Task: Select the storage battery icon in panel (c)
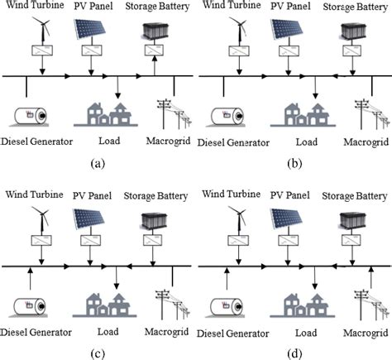click(x=152, y=221)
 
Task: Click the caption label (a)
click(x=97, y=162)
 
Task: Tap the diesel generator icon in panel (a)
click(x=29, y=114)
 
